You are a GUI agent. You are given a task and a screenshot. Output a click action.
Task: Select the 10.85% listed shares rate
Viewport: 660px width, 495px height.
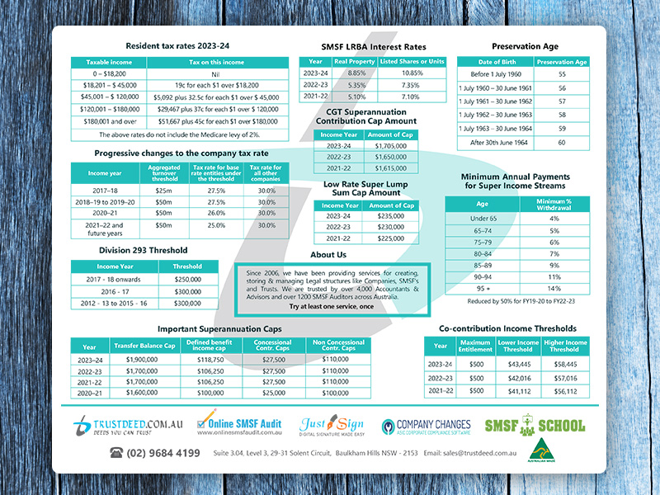(412, 73)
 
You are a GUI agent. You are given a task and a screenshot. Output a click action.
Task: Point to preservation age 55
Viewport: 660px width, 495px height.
(561, 73)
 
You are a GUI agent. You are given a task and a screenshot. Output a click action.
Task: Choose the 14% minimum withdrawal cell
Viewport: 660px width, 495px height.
(554, 290)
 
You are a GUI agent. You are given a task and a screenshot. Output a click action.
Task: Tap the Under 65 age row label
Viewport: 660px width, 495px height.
(482, 218)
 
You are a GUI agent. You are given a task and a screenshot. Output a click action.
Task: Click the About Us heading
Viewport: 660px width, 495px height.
(329, 255)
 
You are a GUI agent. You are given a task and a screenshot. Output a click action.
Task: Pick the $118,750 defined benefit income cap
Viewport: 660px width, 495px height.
(208, 360)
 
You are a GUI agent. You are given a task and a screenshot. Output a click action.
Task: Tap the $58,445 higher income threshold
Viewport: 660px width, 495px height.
(565, 364)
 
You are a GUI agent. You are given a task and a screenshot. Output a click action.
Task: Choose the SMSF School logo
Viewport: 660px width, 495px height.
(534, 426)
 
